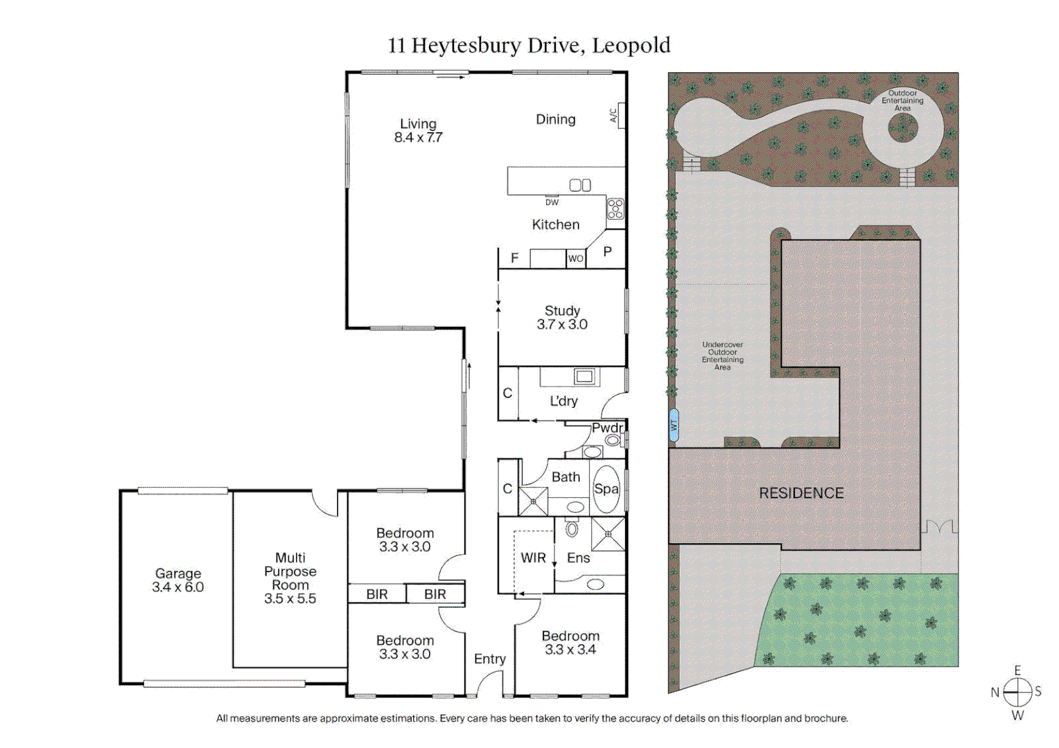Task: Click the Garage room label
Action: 178,580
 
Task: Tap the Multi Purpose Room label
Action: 290,578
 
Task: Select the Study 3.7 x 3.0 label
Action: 562,318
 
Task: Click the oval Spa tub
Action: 606,489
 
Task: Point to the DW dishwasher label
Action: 552,202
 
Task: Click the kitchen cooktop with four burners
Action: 615,208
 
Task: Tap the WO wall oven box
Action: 576,258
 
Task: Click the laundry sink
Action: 584,377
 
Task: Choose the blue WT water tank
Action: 674,425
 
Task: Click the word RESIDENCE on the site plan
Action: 801,493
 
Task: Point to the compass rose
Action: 1017,692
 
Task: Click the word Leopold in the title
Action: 631,46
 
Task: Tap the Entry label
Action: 490,659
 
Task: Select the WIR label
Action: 533,558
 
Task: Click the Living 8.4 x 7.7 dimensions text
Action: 418,138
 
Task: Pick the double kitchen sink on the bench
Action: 580,185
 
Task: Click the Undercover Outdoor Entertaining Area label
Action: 722,356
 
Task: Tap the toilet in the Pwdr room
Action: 613,440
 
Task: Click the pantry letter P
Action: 607,252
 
